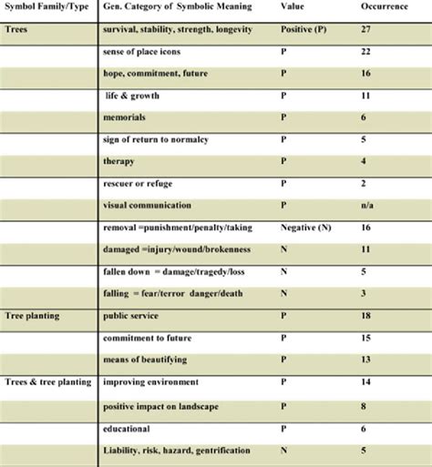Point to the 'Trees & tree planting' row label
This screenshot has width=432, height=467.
click(x=47, y=381)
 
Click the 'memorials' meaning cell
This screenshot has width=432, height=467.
click(x=128, y=118)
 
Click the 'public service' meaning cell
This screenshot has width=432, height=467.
click(x=132, y=316)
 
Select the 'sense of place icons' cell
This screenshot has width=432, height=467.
click(x=147, y=53)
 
